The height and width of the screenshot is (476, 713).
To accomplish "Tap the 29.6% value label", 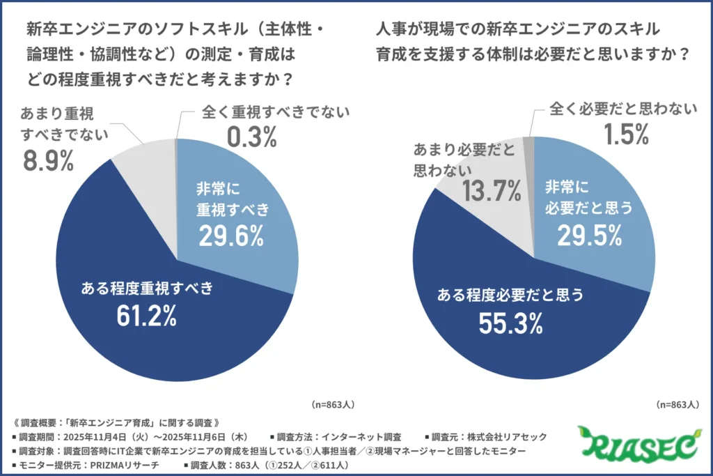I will tap(231, 236).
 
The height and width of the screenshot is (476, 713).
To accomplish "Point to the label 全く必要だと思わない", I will tap(623, 109).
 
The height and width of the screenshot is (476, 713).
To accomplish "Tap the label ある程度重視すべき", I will tap(147, 288).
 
